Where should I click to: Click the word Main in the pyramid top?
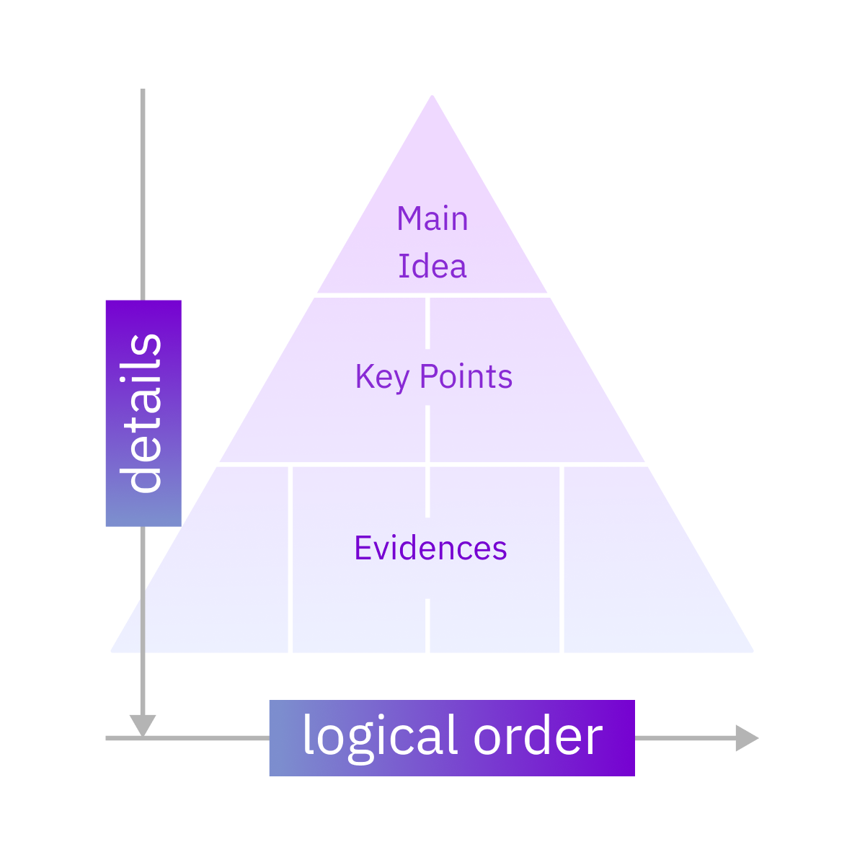coord(432,219)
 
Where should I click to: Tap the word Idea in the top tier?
coord(432,267)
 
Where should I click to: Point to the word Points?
coord(466,377)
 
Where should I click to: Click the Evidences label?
coord(430,549)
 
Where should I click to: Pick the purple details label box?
coord(143,413)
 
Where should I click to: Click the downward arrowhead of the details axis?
coord(143,725)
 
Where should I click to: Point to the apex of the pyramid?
coord(432,97)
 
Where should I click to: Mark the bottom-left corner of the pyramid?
coord(112,651)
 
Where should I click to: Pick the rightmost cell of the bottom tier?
coord(634,577)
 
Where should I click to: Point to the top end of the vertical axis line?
coord(143,91)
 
